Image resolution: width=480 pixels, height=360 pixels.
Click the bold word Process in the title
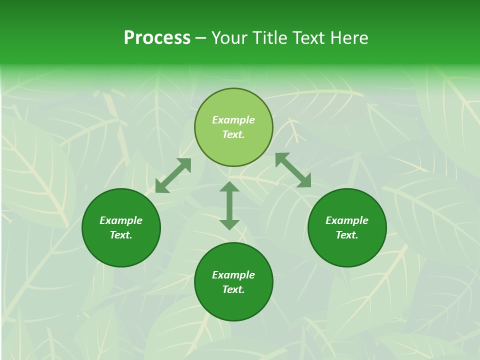coord(157,38)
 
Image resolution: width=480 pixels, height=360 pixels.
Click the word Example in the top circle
coord(233,120)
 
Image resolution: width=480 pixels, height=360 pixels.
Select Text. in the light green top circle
coord(233,134)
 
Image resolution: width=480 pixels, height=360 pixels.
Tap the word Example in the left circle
coord(121,220)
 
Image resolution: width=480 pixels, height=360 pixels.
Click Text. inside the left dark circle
coord(121,235)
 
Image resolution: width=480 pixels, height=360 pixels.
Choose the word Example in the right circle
coord(347,220)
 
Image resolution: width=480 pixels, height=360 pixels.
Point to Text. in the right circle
coord(347,235)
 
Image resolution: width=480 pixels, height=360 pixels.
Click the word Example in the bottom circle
coord(233,275)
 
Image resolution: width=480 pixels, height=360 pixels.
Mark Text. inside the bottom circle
coord(233,289)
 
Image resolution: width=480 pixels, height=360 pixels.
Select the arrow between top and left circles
coord(173,175)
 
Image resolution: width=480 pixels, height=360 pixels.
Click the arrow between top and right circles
coord(293,170)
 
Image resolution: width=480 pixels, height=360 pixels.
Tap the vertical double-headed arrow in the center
coord(229,205)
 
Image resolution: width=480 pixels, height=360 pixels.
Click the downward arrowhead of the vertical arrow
coord(229,224)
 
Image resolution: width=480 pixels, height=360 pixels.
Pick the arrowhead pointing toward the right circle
coord(304,181)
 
